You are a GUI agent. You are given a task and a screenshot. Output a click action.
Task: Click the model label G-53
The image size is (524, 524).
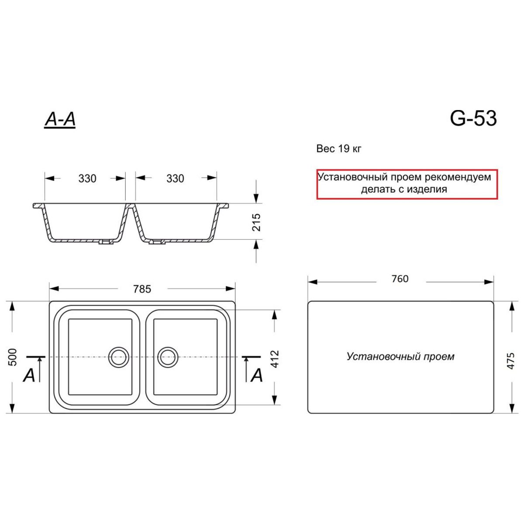coord(473,119)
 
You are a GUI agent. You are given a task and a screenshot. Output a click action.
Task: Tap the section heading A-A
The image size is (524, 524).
coord(60,120)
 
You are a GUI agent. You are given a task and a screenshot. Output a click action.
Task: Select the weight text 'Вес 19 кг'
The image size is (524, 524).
coord(339,149)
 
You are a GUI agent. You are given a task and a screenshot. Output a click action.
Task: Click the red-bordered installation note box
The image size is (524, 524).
coord(407,184)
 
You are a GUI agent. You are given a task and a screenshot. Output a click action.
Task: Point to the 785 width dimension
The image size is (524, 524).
coord(142,289)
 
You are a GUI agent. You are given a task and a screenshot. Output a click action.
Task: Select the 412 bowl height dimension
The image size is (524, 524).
coord(275,359)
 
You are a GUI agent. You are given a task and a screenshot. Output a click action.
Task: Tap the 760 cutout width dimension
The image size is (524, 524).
coord(400,279)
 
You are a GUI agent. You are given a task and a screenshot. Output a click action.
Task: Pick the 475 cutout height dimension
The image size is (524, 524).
coord(511,361)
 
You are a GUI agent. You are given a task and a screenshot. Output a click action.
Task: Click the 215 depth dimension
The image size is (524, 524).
coord(256,222)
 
